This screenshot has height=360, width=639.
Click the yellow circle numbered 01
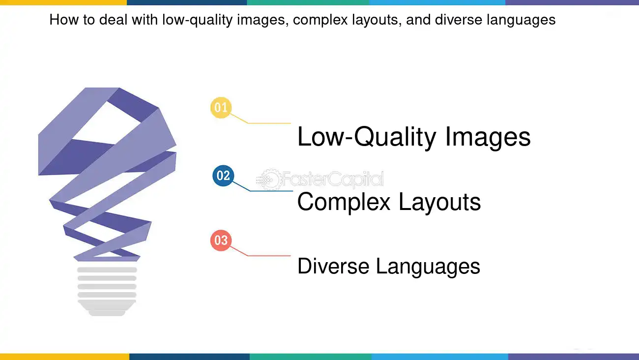click(221, 108)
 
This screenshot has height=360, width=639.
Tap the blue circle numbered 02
click(223, 176)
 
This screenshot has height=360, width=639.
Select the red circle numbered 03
click(221, 240)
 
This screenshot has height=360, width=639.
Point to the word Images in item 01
click(488, 138)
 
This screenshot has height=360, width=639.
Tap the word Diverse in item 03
click(333, 266)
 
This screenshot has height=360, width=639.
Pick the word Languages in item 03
click(428, 267)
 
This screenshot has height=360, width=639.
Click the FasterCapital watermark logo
click(322, 180)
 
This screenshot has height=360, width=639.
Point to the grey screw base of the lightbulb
click(107, 290)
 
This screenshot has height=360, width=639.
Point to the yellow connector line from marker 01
click(268, 123)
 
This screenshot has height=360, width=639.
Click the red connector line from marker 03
click(268, 256)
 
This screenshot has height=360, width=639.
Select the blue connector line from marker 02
click(270, 191)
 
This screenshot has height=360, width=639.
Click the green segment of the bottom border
click(310, 357)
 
